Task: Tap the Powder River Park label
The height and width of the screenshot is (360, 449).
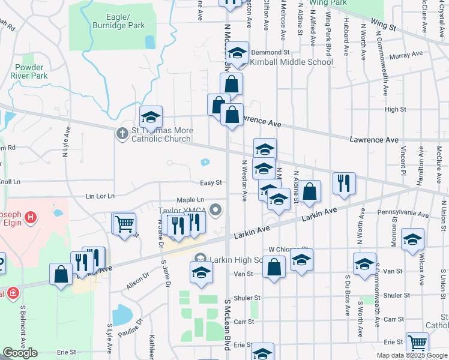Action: tap(31, 72)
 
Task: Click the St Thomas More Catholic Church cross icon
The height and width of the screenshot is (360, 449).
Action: tap(122, 133)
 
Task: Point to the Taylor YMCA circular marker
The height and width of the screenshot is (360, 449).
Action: tap(216, 210)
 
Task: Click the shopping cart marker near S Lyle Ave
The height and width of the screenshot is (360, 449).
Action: tap(124, 224)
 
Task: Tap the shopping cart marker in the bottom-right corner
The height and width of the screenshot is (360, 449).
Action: tap(417, 344)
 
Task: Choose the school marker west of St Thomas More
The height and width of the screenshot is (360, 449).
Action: tap(151, 116)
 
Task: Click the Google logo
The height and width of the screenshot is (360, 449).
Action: tap(20, 353)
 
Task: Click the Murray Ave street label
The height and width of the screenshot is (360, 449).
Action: tap(406, 55)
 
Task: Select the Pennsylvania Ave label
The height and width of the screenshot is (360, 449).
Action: tap(403, 214)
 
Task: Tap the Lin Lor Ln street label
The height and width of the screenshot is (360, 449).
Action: tap(100, 196)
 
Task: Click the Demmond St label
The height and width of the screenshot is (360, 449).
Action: tap(270, 52)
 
